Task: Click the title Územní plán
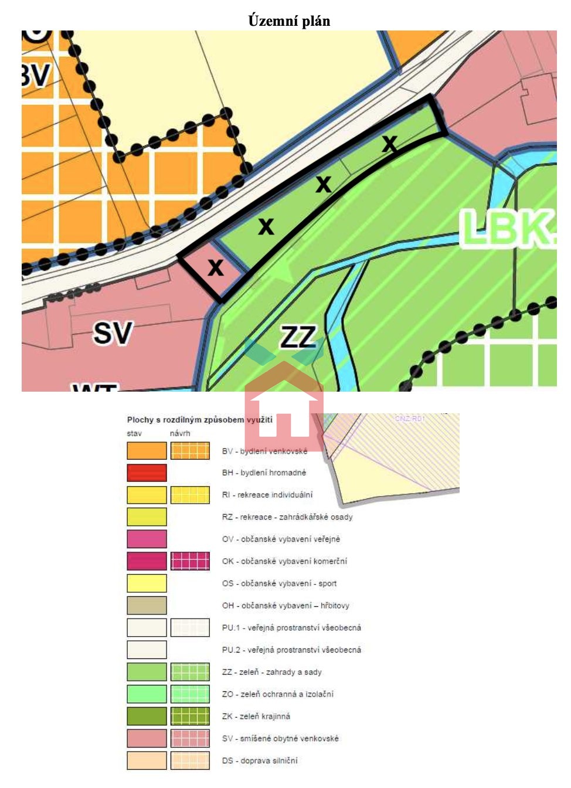coord(289,21)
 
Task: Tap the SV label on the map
coord(113,333)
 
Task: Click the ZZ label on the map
coord(298,338)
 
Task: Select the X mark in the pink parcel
coord(216,267)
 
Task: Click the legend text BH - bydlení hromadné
coord(264,473)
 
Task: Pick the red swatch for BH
coord(147,473)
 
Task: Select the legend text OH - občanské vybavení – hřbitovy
coord(285,606)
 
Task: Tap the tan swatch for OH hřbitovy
coord(147,605)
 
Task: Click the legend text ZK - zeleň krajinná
coord(256,716)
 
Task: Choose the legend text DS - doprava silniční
coord(260,760)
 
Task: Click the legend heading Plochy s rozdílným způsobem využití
coord(200,420)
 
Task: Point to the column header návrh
coord(180,433)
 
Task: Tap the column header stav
coord(134,433)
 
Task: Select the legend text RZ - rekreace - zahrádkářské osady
coord(287,517)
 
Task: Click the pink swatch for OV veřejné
coord(147,539)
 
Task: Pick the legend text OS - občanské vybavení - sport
coord(279,583)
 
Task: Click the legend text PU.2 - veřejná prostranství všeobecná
coord(291,650)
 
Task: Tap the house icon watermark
coord(284,405)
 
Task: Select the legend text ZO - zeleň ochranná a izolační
coord(278,694)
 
